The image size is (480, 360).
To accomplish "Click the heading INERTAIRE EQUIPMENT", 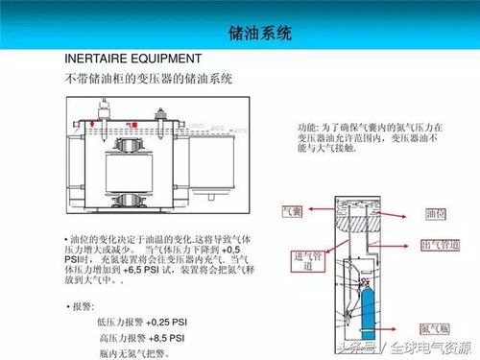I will pyautogui.click(x=132, y=60).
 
